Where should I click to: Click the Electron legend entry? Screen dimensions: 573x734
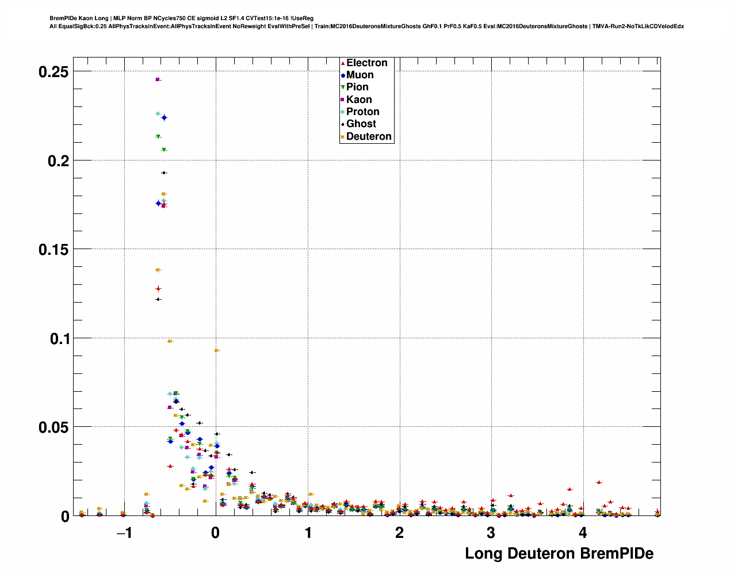pyautogui.click(x=366, y=63)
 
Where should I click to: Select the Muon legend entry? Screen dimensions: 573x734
pyautogui.click(x=360, y=75)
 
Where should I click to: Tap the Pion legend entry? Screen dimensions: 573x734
pyautogui.click(x=357, y=87)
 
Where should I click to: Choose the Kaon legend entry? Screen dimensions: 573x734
pyautogui.click(x=358, y=100)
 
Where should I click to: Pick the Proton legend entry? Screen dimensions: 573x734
pyautogui.click(x=362, y=112)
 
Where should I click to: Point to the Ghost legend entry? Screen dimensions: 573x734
pyautogui.click(x=361, y=124)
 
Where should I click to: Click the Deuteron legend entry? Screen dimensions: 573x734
pyautogui.click(x=368, y=136)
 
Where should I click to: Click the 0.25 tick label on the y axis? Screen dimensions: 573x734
pyautogui.click(x=53, y=72)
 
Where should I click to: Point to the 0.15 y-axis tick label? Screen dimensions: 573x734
pyautogui.click(x=53, y=250)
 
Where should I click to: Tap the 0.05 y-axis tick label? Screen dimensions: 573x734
pyautogui.click(x=53, y=427)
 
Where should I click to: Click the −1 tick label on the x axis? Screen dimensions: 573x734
pyautogui.click(x=124, y=533)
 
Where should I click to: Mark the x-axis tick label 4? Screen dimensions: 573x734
pyautogui.click(x=583, y=533)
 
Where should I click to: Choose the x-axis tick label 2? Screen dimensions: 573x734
pyautogui.click(x=399, y=533)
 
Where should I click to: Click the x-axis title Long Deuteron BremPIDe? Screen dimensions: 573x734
pyautogui.click(x=559, y=553)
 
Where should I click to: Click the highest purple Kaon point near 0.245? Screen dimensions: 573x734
pyautogui.click(x=158, y=79)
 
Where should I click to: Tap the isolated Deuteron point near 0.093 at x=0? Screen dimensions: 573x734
pyautogui.click(x=216, y=350)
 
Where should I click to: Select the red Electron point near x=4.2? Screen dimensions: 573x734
pyautogui.click(x=599, y=482)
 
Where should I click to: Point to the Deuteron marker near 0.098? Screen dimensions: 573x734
pyautogui.click(x=170, y=341)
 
